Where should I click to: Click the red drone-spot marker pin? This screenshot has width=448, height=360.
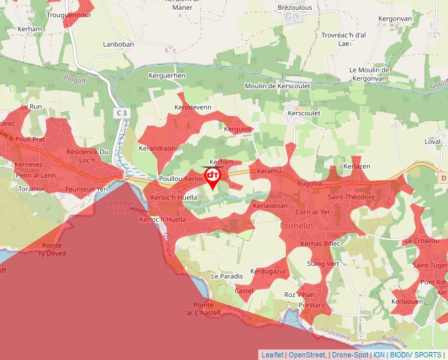213,176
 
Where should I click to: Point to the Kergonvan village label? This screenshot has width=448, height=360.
395,19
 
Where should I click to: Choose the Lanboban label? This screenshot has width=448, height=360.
119,45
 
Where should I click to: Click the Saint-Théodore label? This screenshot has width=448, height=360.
351,197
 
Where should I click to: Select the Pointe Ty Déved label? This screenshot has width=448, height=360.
53,249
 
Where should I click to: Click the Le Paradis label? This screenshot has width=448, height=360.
227,276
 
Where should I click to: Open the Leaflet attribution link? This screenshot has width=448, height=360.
272,355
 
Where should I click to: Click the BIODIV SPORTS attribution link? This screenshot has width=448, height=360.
416,355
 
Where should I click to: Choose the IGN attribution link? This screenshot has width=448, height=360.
379,355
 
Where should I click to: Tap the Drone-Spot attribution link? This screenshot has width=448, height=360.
350,355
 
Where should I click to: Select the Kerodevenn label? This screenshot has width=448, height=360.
192,107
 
